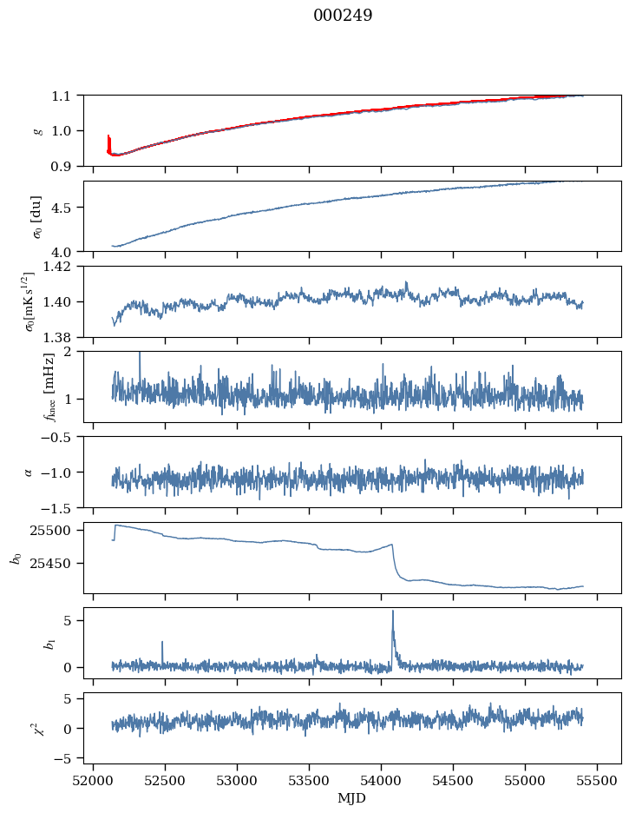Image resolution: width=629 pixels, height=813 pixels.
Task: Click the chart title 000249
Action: tap(343, 16)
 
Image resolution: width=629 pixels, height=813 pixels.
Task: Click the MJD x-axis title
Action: tap(352, 797)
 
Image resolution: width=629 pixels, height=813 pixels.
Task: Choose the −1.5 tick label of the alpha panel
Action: tap(62, 507)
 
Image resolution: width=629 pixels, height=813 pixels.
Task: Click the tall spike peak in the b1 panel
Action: tap(392, 611)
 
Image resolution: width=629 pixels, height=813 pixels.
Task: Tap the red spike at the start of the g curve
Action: tap(108, 137)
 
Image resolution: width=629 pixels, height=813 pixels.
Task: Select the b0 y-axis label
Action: tap(16, 557)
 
